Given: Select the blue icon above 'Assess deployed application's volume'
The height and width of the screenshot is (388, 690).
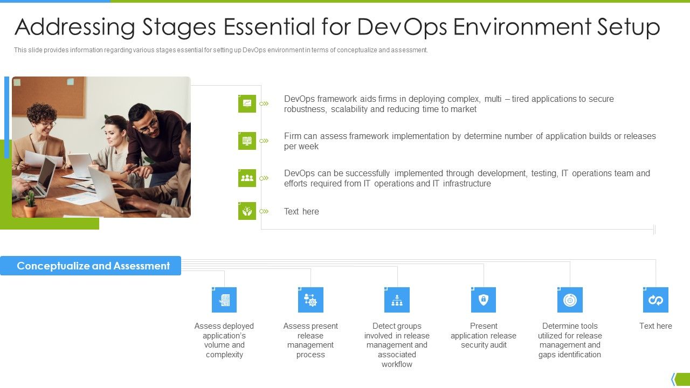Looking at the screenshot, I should [x=224, y=300].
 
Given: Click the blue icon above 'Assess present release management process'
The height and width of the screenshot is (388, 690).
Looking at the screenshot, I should [x=310, y=300].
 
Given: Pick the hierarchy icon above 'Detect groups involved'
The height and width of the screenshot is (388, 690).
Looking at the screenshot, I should [x=397, y=300].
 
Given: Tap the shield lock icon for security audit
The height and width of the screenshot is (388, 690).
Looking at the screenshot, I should [x=484, y=300].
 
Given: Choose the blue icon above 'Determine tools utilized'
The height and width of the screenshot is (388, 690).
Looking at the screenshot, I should [x=570, y=300].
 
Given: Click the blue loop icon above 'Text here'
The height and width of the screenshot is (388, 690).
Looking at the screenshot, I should [x=655, y=300].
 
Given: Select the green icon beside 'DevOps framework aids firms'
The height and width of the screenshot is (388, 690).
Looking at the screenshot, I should [x=247, y=103].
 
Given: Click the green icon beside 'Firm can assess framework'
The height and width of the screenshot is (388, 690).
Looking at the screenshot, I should [x=247, y=141].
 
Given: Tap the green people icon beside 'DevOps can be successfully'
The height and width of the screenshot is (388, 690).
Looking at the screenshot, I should [x=247, y=178].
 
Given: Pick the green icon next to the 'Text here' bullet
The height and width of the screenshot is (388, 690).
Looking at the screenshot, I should [x=247, y=211].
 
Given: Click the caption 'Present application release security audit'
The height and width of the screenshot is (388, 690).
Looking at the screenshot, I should [x=484, y=335].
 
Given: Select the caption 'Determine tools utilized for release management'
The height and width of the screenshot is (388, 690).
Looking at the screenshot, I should [x=570, y=340].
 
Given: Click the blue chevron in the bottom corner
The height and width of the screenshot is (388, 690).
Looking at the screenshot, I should [x=673, y=379].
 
